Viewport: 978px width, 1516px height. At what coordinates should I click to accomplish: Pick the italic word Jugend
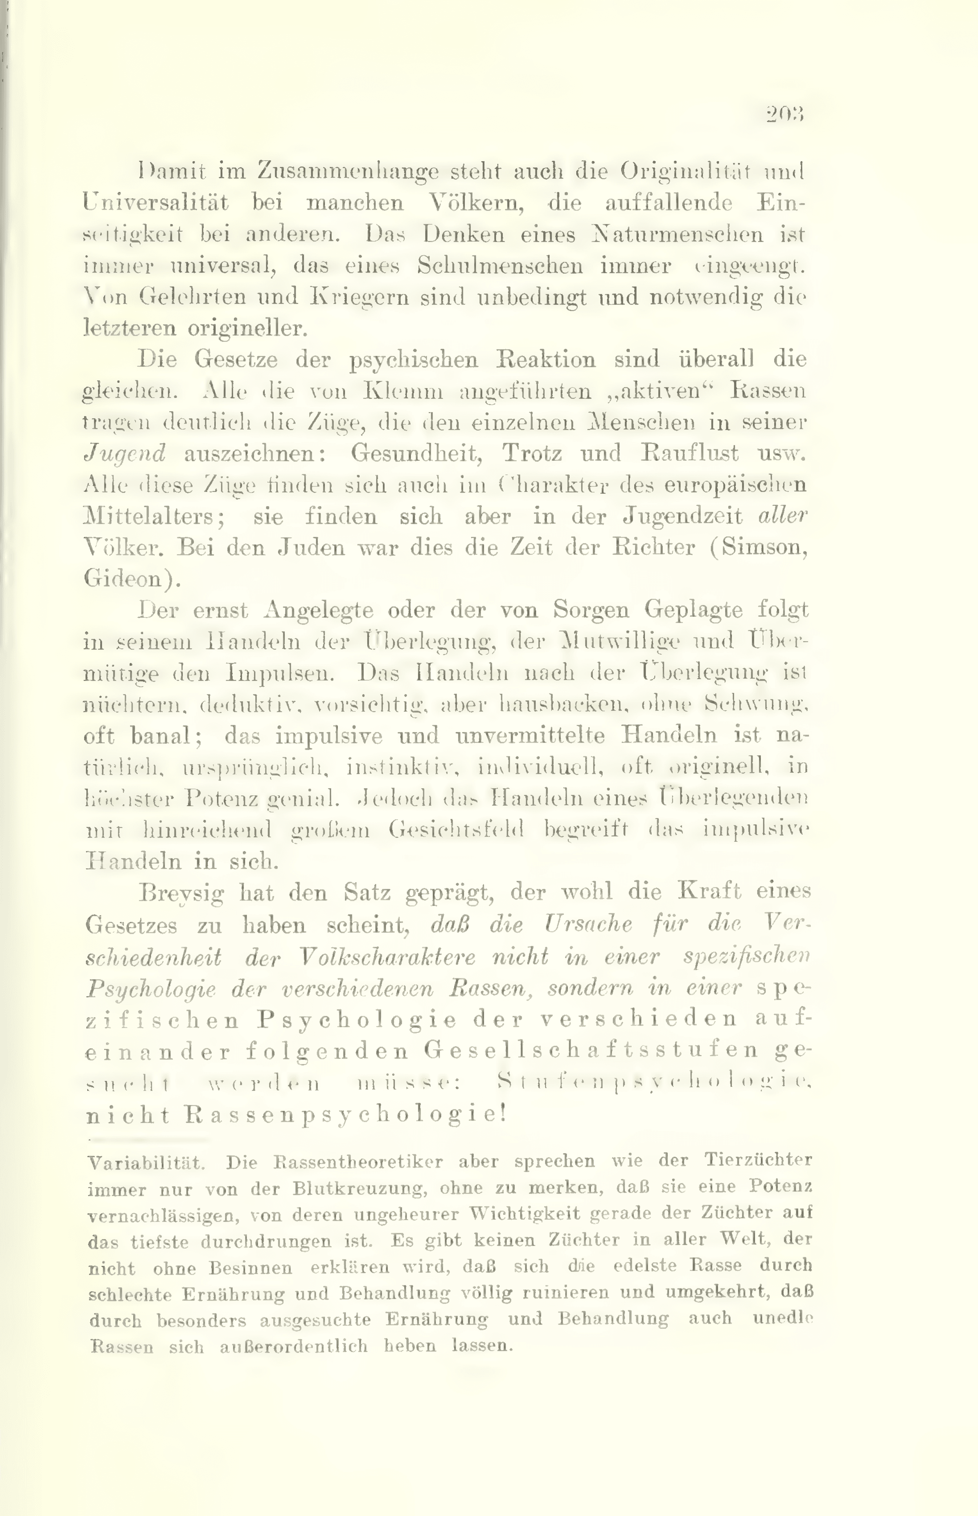click(124, 453)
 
